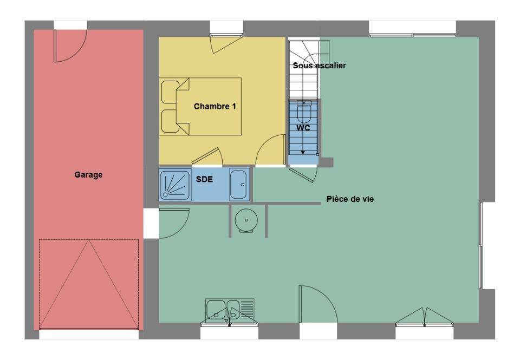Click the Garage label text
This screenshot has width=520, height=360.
(x=88, y=175)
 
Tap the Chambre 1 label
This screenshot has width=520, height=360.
(x=215, y=107)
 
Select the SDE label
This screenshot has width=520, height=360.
(x=204, y=179)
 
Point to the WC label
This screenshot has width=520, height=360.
(x=303, y=128)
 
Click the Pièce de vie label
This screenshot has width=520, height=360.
(x=350, y=199)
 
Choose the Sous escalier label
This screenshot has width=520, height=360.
(x=320, y=66)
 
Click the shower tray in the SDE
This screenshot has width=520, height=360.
(x=175, y=185)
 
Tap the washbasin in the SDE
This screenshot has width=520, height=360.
(x=239, y=185)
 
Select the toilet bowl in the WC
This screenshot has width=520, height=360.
(x=304, y=112)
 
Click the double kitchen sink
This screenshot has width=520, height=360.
(x=230, y=311)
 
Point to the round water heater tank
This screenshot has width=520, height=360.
(x=246, y=220)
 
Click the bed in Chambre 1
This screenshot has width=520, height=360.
(x=200, y=107)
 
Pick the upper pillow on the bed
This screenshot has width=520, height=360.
(x=170, y=92)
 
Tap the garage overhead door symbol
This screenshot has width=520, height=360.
(x=89, y=284)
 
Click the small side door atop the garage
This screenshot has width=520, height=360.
(x=70, y=46)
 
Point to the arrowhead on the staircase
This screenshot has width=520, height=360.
(x=303, y=153)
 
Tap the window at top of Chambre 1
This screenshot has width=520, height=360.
(x=226, y=35)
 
